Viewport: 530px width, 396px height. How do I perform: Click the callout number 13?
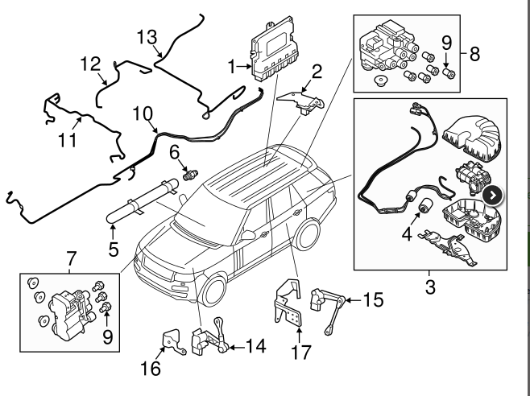[x=147, y=38]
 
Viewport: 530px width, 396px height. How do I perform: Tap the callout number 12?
[x=89, y=63]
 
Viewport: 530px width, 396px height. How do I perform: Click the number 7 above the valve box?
[x=71, y=259]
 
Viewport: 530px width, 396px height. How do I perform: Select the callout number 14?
[x=255, y=347]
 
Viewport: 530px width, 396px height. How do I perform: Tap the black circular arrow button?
[x=493, y=195]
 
